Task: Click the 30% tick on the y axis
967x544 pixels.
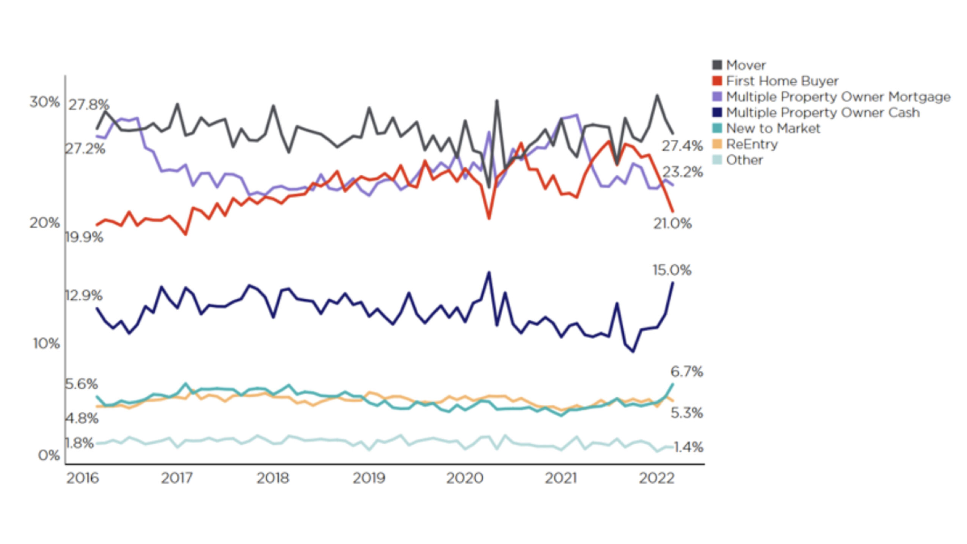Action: pos(44,102)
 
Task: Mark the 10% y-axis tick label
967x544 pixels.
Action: pos(46,343)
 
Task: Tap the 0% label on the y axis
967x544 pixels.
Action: pos(49,455)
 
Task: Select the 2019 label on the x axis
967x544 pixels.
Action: pos(369,478)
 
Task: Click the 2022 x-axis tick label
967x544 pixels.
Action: pos(656,478)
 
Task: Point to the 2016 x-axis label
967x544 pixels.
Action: pos(82,478)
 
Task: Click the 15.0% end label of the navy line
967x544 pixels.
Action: pos(672,270)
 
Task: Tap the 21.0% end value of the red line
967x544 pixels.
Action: pos(672,223)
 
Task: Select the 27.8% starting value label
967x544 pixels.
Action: pos(88,104)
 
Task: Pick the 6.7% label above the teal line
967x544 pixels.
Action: pos(686,372)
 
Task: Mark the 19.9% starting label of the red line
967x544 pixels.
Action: pos(84,237)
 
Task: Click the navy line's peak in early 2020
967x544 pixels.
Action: pos(489,272)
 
